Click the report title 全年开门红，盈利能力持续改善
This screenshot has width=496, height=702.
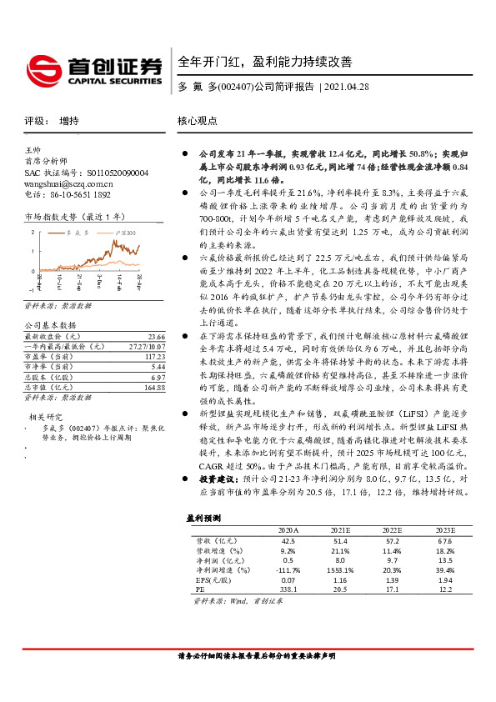click(x=265, y=62)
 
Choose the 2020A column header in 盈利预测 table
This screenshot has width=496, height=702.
click(x=288, y=529)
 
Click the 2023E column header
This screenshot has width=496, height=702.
click(x=444, y=529)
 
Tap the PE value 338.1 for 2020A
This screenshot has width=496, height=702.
click(x=288, y=589)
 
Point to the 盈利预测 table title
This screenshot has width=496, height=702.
click(x=203, y=518)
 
